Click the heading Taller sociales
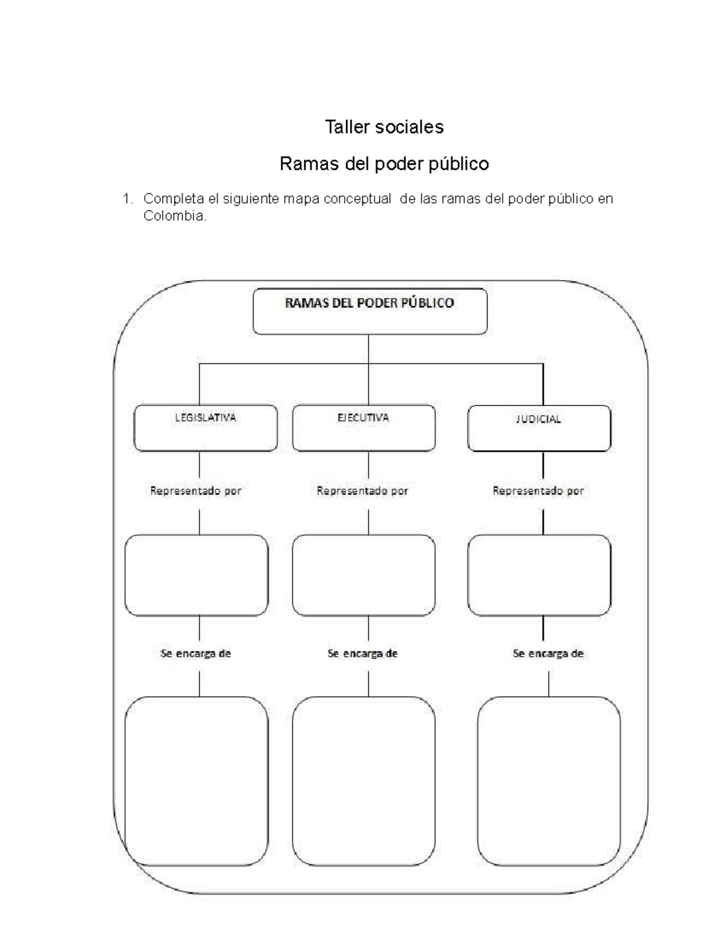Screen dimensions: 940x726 click(384, 127)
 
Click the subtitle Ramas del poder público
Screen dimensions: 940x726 click(384, 164)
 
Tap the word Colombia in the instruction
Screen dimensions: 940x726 click(174, 216)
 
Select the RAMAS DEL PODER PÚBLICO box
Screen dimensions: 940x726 click(370, 311)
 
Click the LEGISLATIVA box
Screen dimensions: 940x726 click(206, 428)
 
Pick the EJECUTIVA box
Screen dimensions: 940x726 click(364, 428)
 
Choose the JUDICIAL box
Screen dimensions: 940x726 click(539, 428)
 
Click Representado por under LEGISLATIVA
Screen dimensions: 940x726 click(195, 491)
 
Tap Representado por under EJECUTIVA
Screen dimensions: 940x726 click(362, 491)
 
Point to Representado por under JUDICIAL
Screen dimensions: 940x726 click(538, 491)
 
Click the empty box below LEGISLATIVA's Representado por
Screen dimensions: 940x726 click(197, 575)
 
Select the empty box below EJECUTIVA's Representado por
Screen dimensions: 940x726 click(364, 575)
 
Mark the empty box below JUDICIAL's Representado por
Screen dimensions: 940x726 click(539, 575)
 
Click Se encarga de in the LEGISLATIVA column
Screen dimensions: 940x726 click(195, 654)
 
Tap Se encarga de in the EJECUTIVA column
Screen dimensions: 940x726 click(362, 654)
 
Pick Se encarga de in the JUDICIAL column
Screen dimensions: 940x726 click(548, 654)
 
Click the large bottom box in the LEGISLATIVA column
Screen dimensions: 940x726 click(197, 781)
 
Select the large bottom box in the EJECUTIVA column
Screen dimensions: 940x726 click(364, 781)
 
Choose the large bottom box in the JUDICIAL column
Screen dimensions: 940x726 click(549, 781)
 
